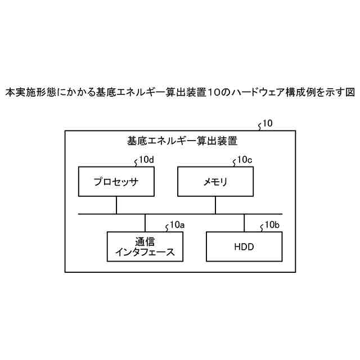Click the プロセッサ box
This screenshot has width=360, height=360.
116,182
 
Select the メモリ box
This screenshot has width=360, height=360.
215,182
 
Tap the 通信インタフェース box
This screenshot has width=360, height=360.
145,247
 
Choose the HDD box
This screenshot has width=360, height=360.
244,247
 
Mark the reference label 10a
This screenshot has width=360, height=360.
177,225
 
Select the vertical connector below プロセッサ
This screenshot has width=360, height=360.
116,205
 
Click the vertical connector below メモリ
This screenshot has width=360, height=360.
215,205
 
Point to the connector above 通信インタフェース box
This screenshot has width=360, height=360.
145,223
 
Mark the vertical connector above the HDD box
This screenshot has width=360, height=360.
244,223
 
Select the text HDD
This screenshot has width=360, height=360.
244,247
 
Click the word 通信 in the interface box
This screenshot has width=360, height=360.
145,241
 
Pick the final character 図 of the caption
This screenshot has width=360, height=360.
349,92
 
